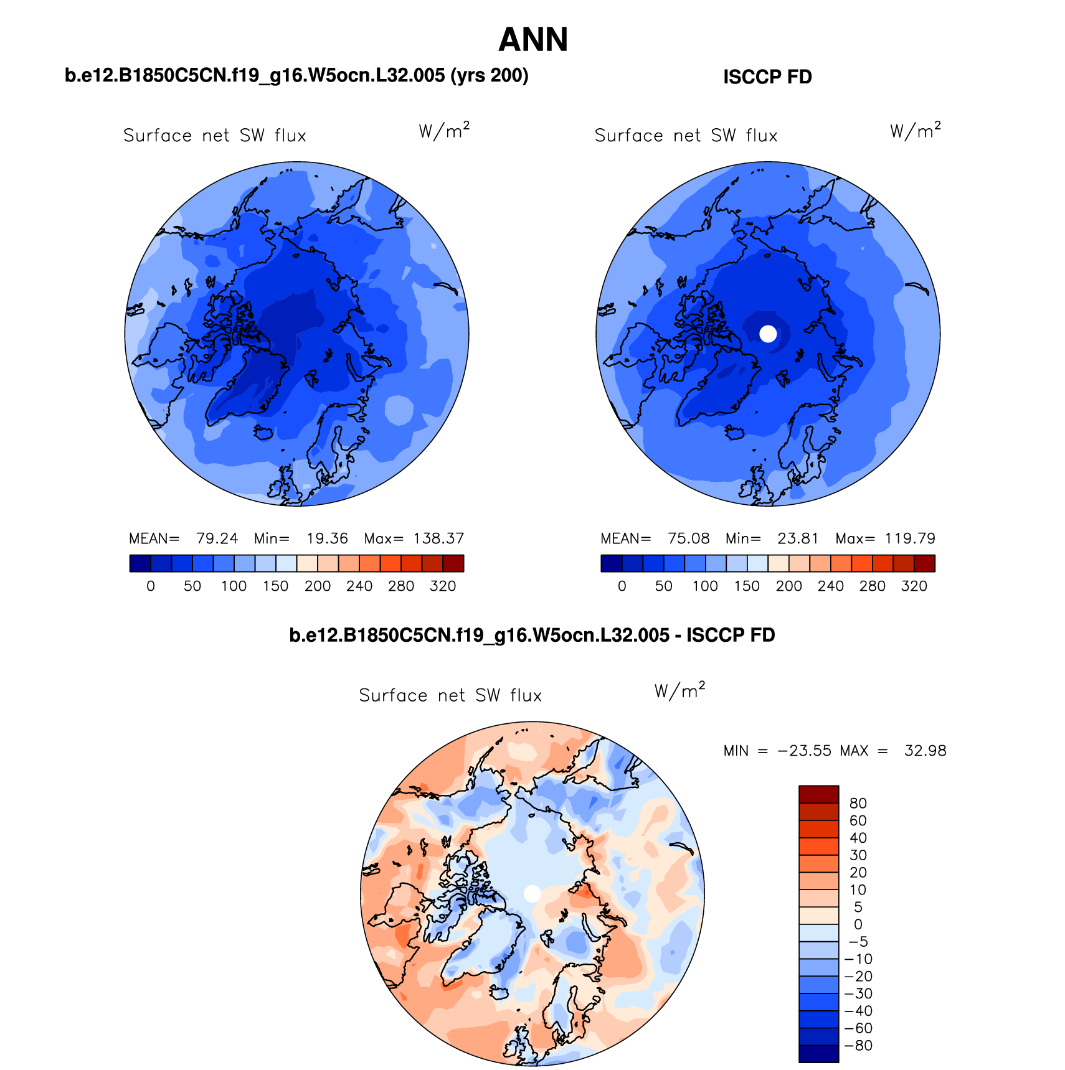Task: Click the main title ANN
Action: point(533,40)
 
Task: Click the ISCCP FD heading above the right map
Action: point(767,77)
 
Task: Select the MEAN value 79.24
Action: point(217,538)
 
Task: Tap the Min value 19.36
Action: point(327,538)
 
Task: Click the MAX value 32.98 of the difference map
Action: point(925,751)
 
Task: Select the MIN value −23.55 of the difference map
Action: point(804,751)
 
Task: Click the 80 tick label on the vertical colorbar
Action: point(858,804)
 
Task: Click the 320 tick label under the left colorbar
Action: point(443,586)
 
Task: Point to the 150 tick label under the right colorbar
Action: point(747,586)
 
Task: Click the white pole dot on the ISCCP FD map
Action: point(769,334)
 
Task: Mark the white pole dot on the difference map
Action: point(532,893)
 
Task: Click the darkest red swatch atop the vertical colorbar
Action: point(818,794)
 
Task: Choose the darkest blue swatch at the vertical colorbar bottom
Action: point(818,1053)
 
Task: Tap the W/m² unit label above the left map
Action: point(443,131)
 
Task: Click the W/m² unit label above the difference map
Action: point(679,690)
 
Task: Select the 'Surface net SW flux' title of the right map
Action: point(686,136)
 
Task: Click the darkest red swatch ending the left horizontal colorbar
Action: point(453,563)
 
